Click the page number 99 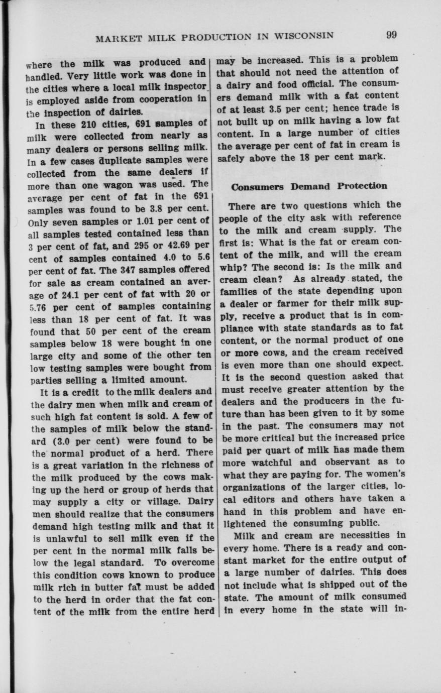click(x=392, y=35)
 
